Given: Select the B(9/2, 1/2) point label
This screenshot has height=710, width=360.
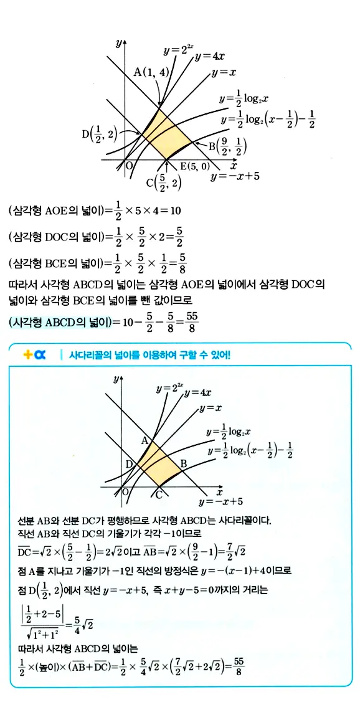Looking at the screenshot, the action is [x=228, y=148].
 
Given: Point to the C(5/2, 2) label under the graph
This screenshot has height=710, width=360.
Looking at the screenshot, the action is [x=164, y=182].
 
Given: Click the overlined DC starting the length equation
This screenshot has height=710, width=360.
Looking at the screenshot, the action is [x=23, y=552].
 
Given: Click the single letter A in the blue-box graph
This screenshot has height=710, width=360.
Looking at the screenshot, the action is [x=144, y=440].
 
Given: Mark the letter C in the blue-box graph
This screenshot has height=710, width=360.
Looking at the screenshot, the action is [x=159, y=495].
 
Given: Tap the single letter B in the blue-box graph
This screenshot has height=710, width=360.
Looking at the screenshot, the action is [x=184, y=464].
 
